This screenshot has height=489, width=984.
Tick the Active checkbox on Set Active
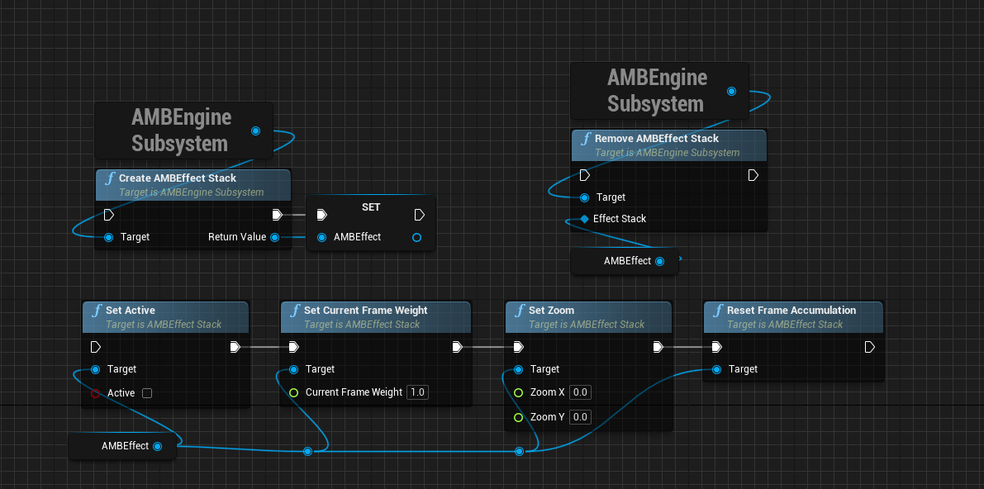pos(147,393)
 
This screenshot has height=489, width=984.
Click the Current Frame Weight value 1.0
pos(417,392)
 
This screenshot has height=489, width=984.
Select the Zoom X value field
pos(580,392)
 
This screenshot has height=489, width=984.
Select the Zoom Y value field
pos(580,417)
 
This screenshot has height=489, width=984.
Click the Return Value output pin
pos(274,237)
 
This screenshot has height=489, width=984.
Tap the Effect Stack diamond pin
pos(584,218)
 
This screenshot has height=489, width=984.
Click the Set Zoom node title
pos(551,310)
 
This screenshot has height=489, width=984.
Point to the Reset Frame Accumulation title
pos(791,310)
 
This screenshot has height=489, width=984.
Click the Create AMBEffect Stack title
pos(178,178)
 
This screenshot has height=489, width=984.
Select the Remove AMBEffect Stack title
pos(657,138)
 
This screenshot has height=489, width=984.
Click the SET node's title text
pos(371,207)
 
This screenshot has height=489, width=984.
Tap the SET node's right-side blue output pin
pos(416,237)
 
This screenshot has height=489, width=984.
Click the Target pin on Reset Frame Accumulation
pos(716,370)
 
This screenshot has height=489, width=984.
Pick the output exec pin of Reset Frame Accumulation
pos(870,346)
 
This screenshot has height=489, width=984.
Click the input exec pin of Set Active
pos(95,346)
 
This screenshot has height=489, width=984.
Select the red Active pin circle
pos(95,393)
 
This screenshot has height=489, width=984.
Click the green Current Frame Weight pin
pos(293,393)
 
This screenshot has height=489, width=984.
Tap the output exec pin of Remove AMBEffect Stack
pos(753,175)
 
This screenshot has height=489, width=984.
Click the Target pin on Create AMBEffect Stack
pos(108,237)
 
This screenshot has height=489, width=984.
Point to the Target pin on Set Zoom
pos(518,370)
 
